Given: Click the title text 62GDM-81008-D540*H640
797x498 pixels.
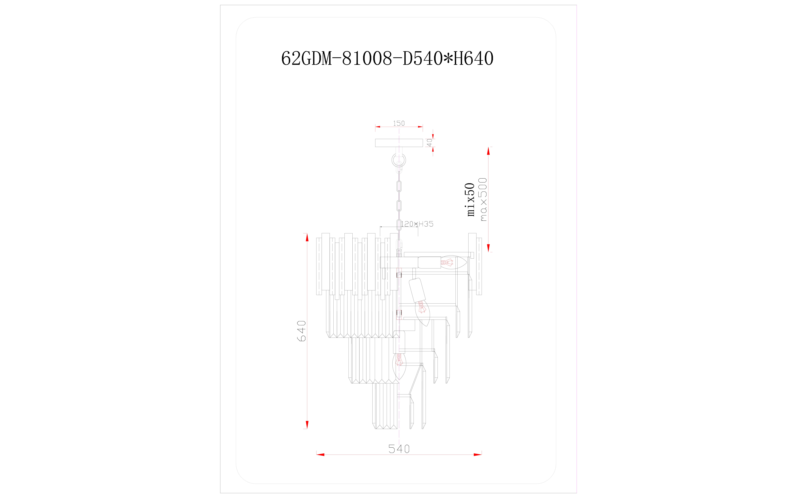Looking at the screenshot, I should (387, 59).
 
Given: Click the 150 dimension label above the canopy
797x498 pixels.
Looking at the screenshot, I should (399, 123).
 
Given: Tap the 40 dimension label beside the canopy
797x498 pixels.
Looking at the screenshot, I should (429, 143).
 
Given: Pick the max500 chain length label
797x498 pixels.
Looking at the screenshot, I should (483, 199).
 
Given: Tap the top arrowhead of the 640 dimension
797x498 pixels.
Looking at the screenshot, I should (307, 237).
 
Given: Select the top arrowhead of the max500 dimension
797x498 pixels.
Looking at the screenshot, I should (488, 151).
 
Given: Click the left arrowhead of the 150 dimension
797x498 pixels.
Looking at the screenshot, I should (378, 126).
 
